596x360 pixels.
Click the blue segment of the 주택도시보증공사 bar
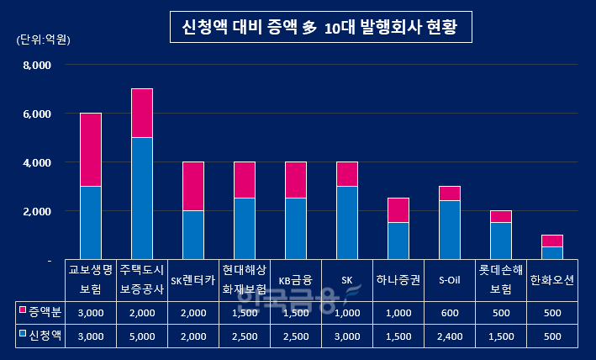coord(141,199)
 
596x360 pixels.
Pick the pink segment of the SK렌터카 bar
coord(193,186)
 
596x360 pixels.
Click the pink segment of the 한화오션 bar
coord(551,241)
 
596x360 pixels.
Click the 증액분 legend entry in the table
coord(40,313)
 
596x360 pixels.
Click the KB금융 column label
coord(295,280)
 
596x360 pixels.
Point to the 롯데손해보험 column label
coord(501,280)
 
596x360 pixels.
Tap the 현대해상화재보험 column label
coord(244,280)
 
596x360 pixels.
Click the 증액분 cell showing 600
coord(449,313)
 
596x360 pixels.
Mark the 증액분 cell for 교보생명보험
coord(90,313)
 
